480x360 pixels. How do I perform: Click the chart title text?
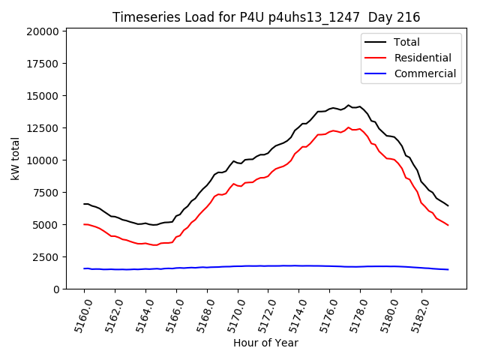click(x=266, y=16)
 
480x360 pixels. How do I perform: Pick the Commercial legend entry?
click(x=424, y=73)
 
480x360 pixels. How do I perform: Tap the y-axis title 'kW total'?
click(x=15, y=159)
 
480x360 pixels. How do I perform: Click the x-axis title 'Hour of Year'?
click(x=265, y=343)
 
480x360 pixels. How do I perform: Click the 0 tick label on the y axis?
click(x=56, y=289)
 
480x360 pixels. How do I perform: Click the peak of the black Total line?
click(x=348, y=105)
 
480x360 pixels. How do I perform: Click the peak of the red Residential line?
click(x=348, y=127)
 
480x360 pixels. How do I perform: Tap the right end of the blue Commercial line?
click(x=448, y=269)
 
